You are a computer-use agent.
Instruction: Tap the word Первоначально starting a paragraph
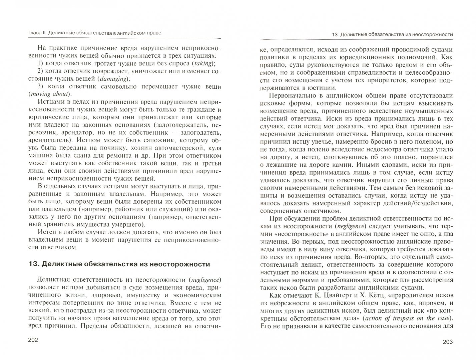tap(293, 95)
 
